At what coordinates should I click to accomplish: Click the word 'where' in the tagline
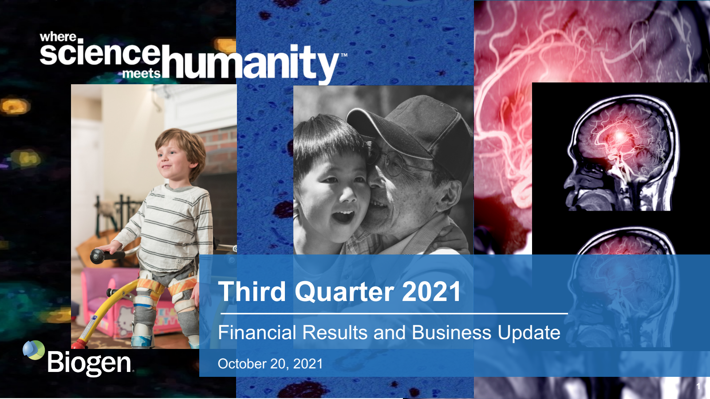[x=58, y=37]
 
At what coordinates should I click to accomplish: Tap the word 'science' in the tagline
[x=100, y=52]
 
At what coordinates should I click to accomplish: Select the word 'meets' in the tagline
[x=142, y=74]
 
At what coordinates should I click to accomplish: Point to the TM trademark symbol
[x=344, y=55]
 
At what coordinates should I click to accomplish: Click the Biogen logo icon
[x=34, y=350]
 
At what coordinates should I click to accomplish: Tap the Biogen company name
[x=89, y=363]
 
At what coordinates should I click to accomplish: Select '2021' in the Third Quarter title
[x=431, y=291]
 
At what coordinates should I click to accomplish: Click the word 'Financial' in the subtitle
[x=257, y=332]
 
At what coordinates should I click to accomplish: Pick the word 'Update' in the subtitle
[x=529, y=333]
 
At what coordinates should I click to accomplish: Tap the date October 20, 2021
[x=270, y=364]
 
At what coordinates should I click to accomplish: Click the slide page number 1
[x=698, y=386]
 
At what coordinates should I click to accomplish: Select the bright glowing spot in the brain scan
[x=619, y=136]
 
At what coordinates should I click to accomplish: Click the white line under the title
[x=394, y=313]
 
